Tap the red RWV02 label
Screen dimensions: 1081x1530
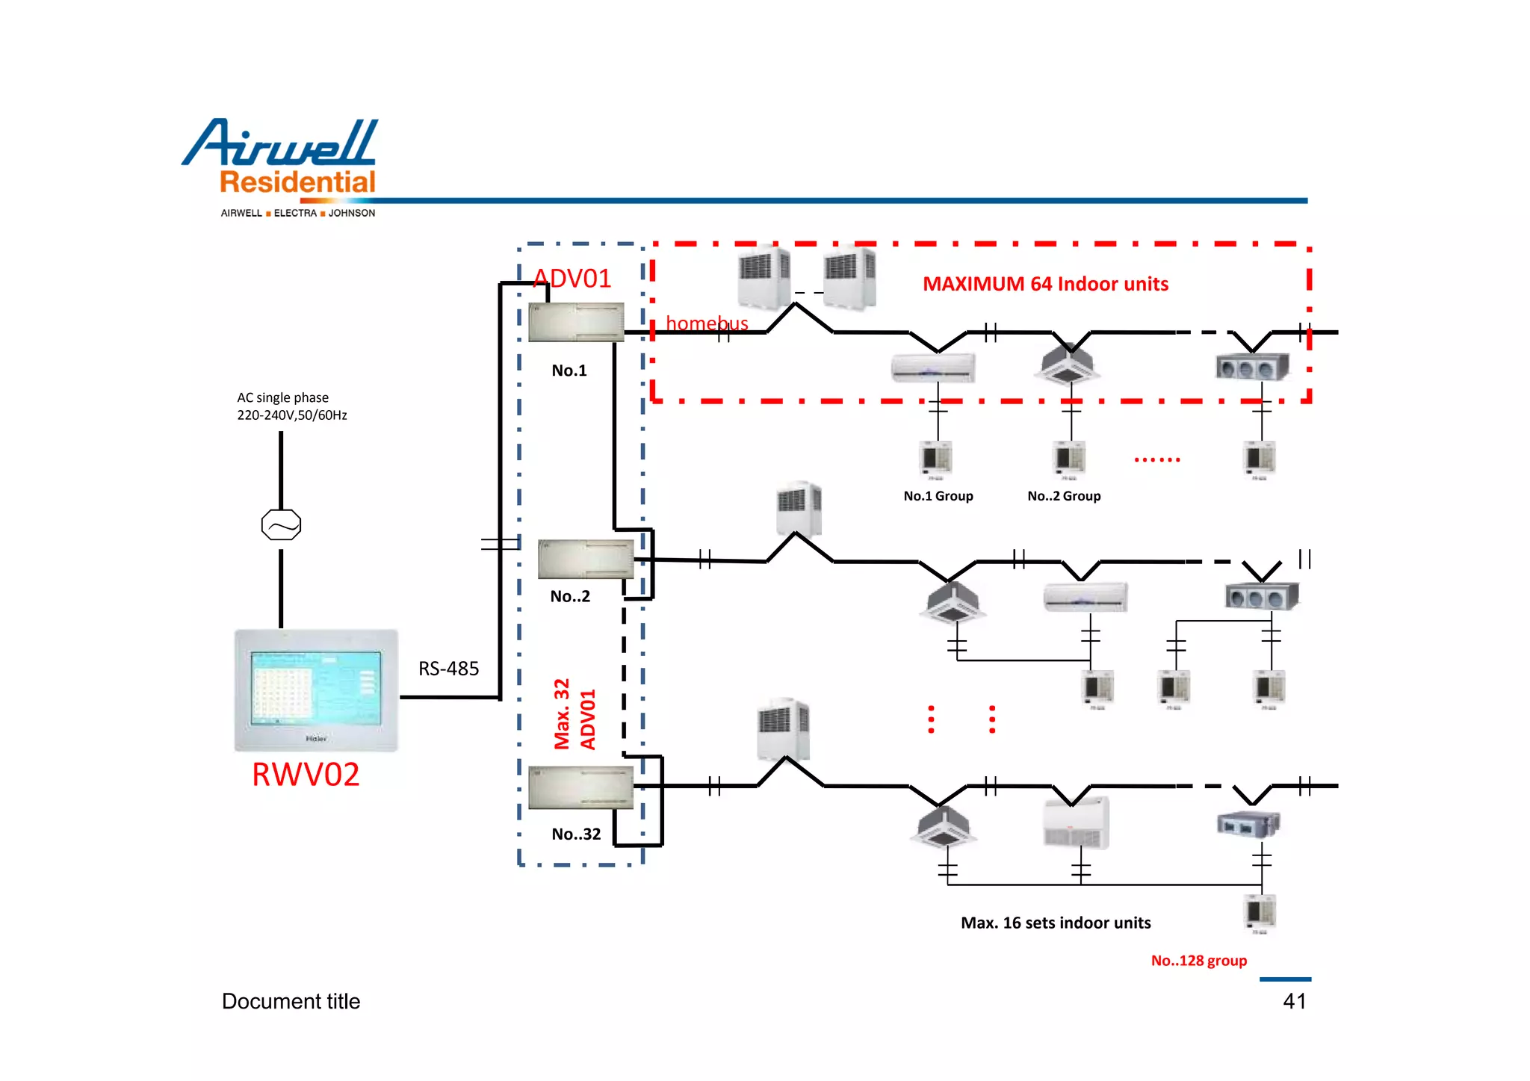[305, 775]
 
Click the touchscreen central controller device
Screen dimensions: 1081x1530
[316, 690]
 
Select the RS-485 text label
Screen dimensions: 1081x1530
[448, 669]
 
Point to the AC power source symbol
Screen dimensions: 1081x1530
[281, 525]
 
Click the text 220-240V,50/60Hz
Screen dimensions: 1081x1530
[292, 415]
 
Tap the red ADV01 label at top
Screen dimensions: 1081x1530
[573, 279]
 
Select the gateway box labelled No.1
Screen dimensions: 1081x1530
[576, 322]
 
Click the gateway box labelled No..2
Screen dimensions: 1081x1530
[586, 559]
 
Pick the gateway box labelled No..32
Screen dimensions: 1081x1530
[580, 787]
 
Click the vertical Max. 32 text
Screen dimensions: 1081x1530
[562, 713]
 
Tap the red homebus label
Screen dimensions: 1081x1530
[707, 323]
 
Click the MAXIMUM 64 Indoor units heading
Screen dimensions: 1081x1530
[1045, 284]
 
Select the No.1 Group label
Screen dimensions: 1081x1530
[938, 496]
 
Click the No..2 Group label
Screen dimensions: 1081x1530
[1064, 496]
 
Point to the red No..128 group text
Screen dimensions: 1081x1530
[1198, 961]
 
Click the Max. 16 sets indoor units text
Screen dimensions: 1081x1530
[1056, 923]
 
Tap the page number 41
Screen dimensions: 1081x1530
[1294, 1001]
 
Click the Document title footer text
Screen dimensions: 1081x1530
[291, 1001]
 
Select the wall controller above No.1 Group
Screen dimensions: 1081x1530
[935, 457]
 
